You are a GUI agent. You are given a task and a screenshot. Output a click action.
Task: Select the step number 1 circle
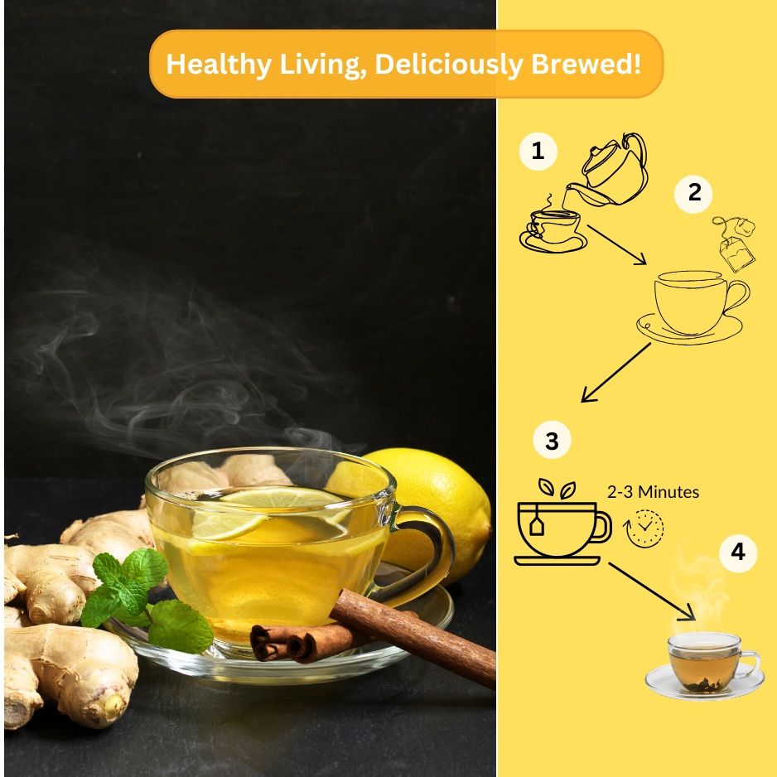(x=538, y=152)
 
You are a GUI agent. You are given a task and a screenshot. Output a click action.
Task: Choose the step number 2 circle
(x=694, y=193)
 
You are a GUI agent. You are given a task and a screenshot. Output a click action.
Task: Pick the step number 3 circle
(x=552, y=441)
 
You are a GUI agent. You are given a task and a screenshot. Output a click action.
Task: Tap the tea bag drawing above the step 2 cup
(x=736, y=244)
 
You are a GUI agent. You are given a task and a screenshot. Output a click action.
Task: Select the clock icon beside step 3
(x=645, y=528)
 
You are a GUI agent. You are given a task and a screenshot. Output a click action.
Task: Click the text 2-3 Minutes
(x=653, y=492)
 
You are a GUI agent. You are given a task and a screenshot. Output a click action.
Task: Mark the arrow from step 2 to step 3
(x=616, y=372)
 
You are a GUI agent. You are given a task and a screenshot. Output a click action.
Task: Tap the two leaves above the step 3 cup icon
(x=557, y=488)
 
